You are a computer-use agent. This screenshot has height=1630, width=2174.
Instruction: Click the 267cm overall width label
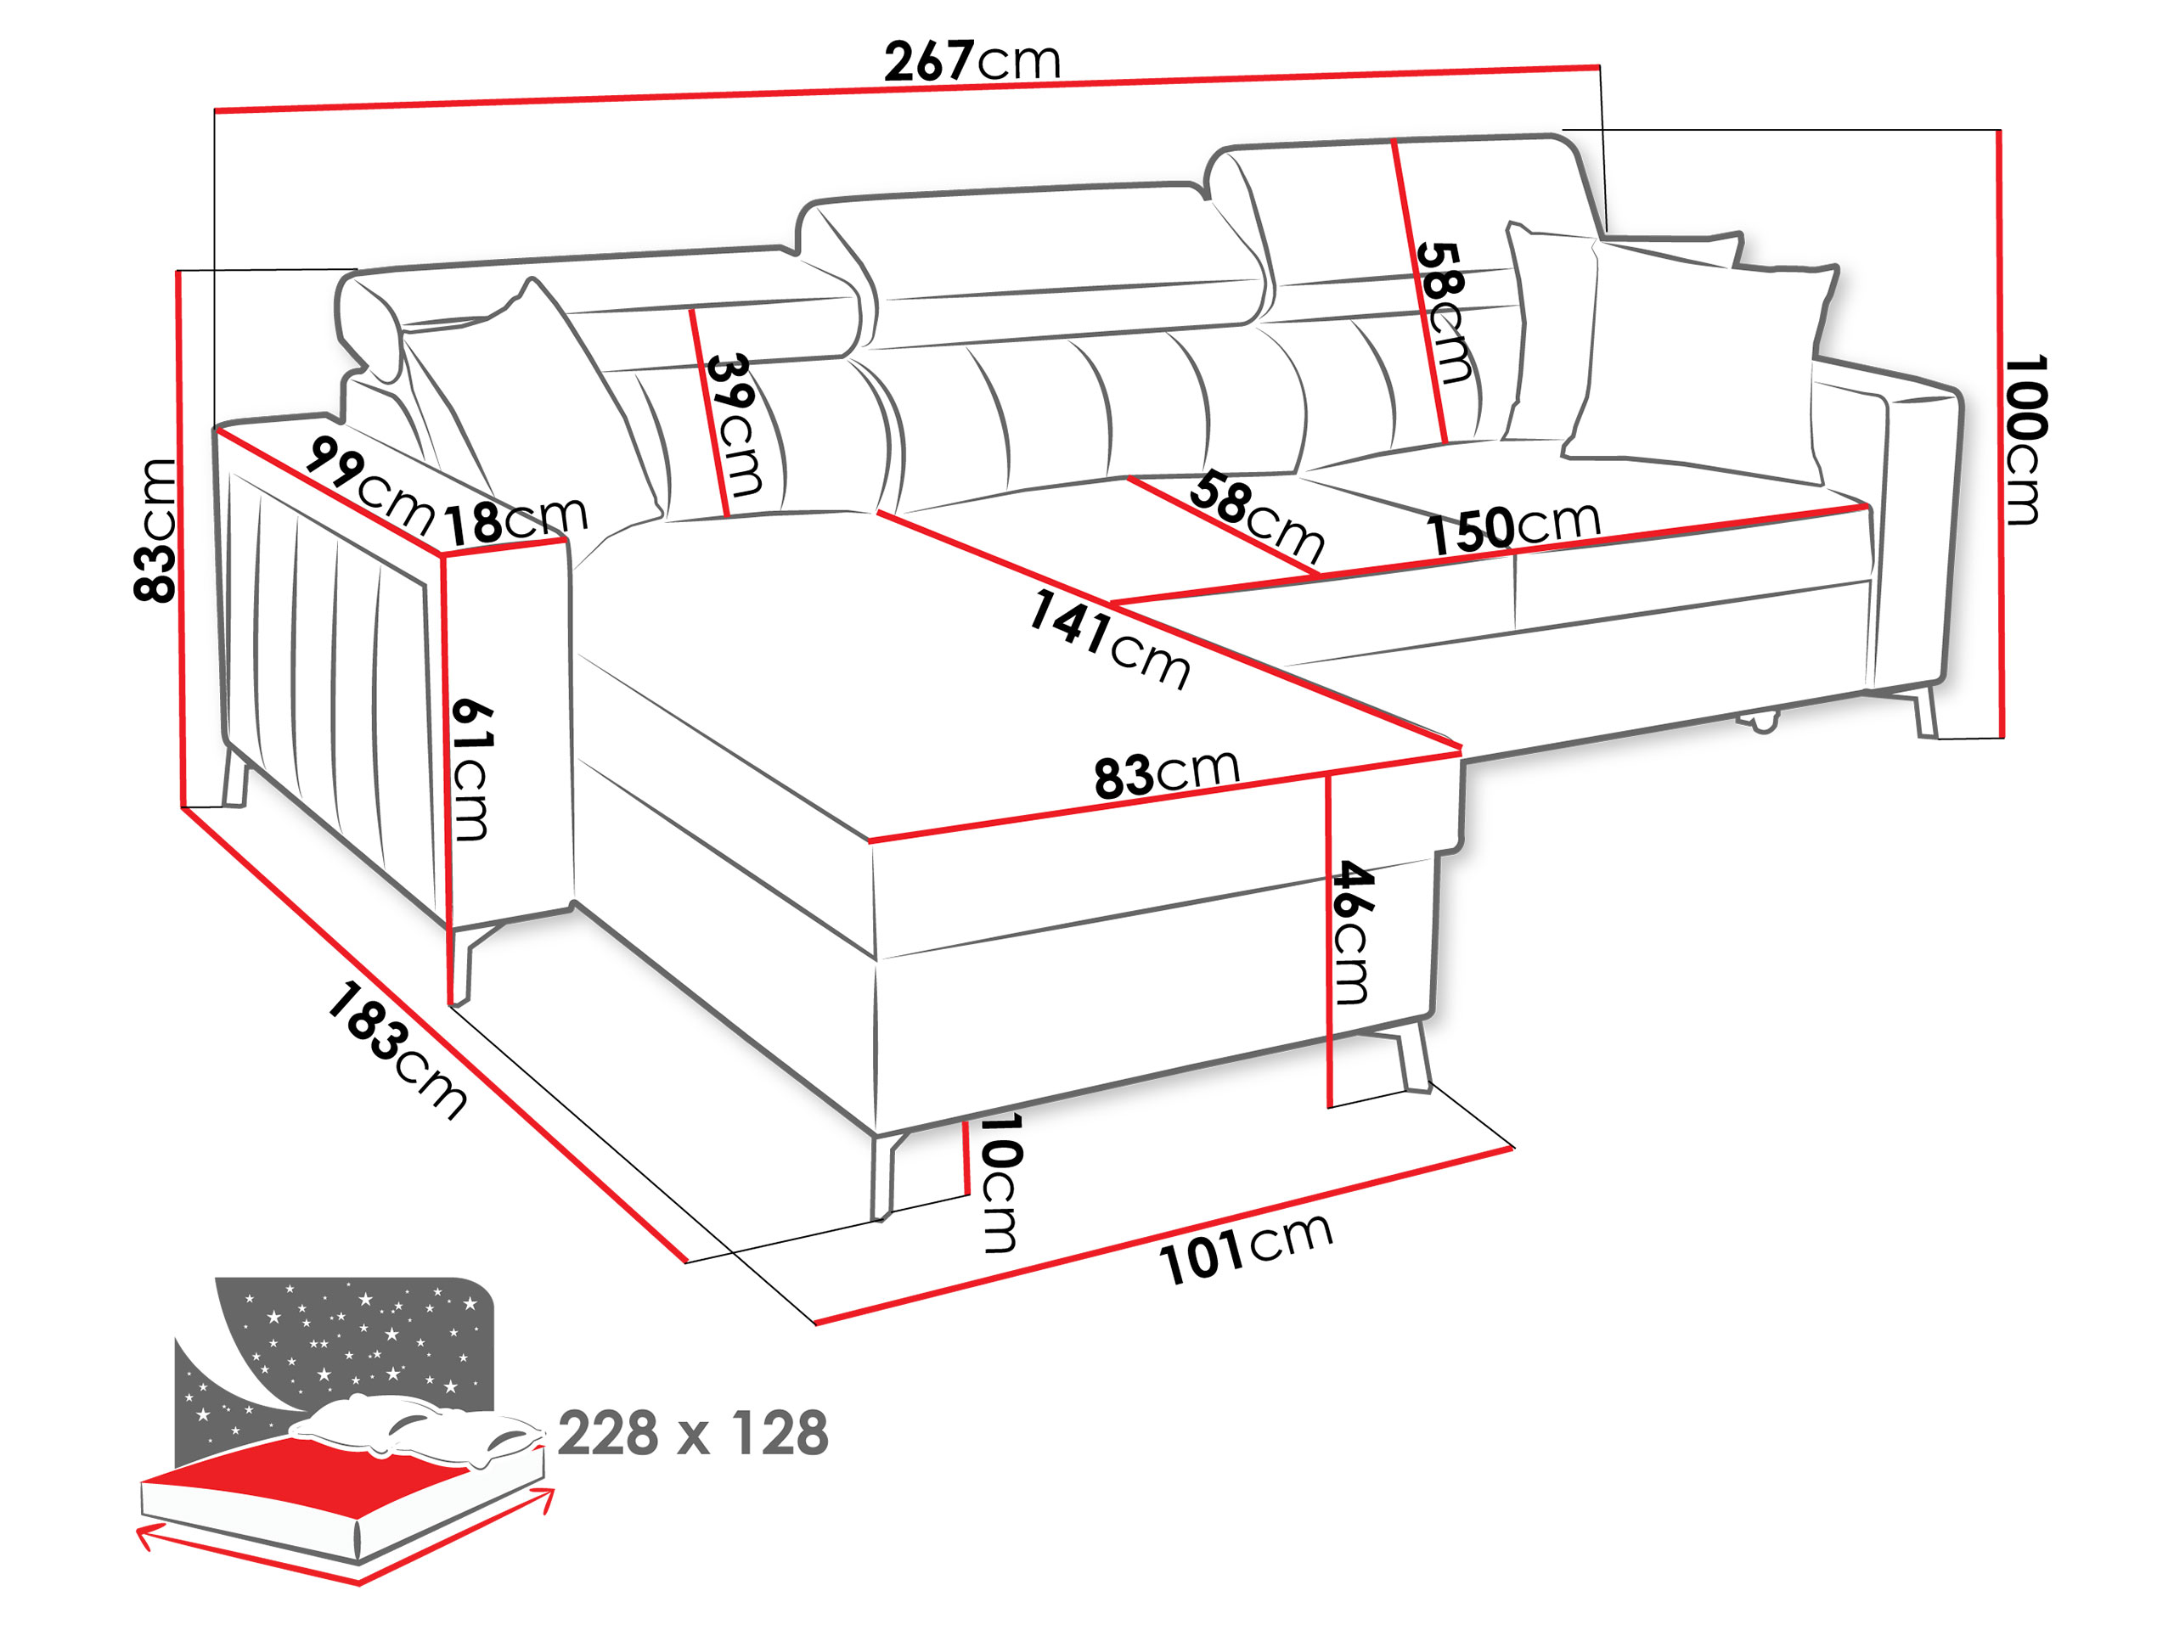tap(972, 61)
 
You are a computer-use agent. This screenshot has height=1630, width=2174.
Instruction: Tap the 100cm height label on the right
tap(2026, 440)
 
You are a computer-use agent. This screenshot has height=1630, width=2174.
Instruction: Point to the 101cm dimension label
tap(1245, 1249)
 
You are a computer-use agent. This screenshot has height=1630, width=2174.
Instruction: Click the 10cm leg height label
tap(1000, 1182)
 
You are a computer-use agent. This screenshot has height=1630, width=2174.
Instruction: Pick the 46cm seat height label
tap(1352, 932)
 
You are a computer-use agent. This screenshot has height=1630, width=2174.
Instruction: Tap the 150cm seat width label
tap(1513, 527)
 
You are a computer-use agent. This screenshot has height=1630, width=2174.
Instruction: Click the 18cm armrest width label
tap(516, 520)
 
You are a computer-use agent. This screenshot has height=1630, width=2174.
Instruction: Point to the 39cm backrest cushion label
tap(735, 424)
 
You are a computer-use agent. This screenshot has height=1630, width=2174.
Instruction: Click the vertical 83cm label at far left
tap(155, 530)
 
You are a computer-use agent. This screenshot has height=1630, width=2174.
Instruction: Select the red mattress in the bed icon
tap(324, 1464)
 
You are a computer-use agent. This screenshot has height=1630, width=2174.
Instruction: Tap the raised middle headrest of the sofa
tap(1032, 265)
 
